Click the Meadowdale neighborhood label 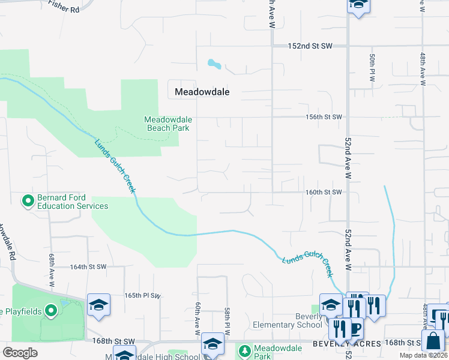point(202,92)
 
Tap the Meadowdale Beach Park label point(167,124)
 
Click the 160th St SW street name point(323,192)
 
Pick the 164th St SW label point(88,266)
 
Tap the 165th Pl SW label point(143,296)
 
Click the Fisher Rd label point(64,9)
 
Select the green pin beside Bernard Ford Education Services point(28,200)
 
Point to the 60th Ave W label point(197,319)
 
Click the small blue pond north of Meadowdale point(213,63)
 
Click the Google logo point(20,352)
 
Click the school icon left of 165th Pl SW point(98,305)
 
